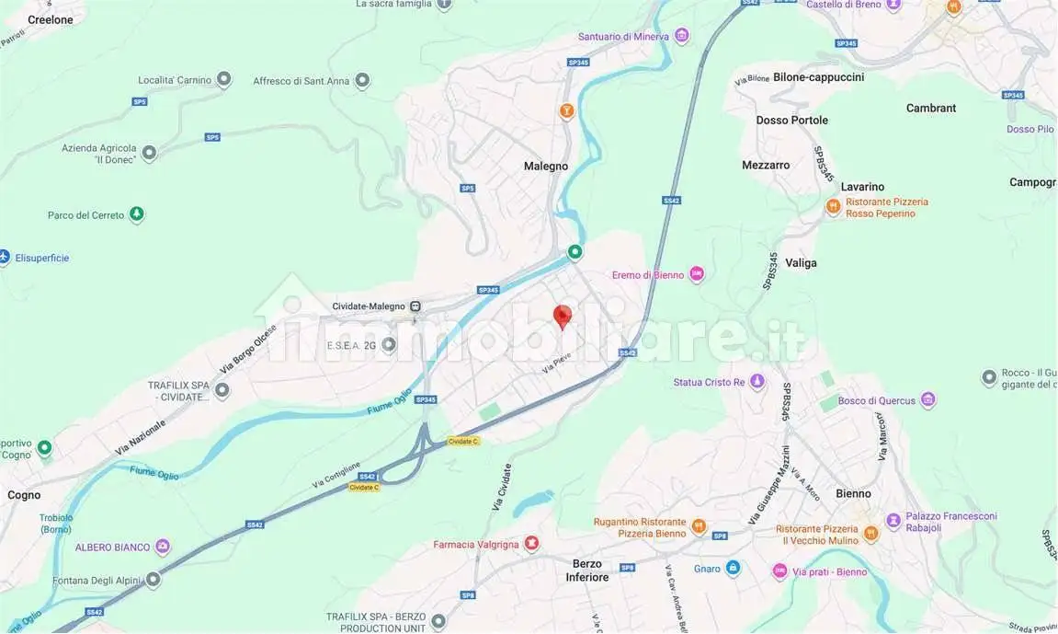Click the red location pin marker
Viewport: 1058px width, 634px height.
coord(563,317)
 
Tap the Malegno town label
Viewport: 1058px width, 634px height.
coord(546,167)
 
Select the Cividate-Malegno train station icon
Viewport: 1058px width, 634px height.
coord(416,306)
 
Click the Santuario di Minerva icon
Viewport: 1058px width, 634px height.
coord(681,37)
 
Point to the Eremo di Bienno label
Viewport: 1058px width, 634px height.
coord(649,275)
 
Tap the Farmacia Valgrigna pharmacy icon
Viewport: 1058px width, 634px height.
coord(531,544)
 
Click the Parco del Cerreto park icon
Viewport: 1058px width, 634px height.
coord(136,215)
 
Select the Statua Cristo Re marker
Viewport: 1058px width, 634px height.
coord(757,382)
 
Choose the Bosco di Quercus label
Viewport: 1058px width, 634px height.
coord(877,400)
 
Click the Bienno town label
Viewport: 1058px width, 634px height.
coord(853,494)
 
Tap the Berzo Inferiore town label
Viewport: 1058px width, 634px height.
coord(587,571)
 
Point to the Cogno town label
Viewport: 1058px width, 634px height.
coord(24,495)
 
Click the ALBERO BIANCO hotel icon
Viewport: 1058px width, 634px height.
coord(163,548)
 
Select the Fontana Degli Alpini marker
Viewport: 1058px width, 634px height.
coord(154,580)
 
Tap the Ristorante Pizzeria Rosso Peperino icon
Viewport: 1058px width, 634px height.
coord(833,208)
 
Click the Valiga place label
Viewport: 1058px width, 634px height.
coord(801,263)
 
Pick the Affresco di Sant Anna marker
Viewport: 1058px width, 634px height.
coord(362,81)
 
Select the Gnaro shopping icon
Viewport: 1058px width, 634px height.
coord(733,569)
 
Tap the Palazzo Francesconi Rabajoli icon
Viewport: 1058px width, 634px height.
coord(870,522)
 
